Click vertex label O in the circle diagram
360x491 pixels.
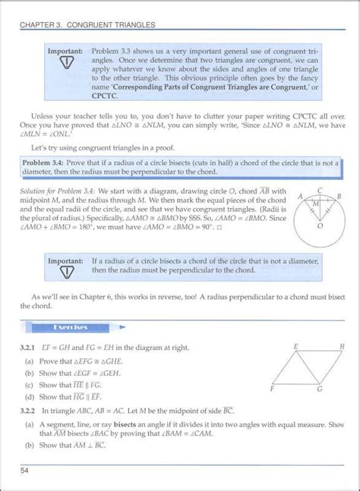(319, 225)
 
